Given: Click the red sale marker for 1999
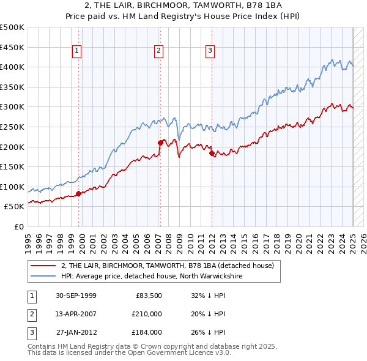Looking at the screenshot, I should pos(79,193).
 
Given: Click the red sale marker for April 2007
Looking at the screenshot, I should pos(160,143).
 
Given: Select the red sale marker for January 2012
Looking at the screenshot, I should pos(212,154).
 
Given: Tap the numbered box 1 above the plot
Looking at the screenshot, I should pos(77,51).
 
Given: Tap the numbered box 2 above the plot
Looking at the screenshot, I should pos(158,51).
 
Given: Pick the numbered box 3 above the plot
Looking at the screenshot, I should pos(210,51).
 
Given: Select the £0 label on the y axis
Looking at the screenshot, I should pos(18,226).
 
